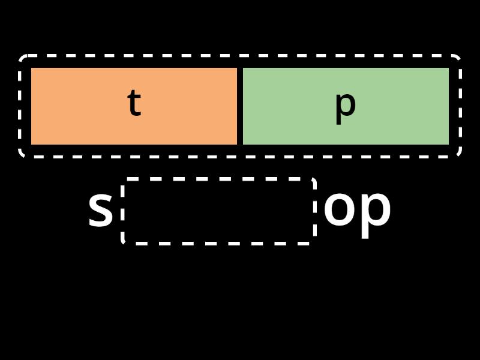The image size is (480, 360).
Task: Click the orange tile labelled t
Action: [134, 106]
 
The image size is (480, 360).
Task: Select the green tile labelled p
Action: [346, 106]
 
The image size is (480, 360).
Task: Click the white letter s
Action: [100, 210]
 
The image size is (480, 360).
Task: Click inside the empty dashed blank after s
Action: [218, 211]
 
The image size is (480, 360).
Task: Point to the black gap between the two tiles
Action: [240, 106]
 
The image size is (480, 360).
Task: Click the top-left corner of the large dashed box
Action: [20, 56]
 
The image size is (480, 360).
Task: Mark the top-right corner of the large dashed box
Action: [460, 56]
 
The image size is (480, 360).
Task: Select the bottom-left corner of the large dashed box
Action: [20, 157]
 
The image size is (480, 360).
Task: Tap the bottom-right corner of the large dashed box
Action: [460, 157]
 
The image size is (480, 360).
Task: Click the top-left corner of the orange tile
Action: [31, 68]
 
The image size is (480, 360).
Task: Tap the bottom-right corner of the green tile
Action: [449, 145]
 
